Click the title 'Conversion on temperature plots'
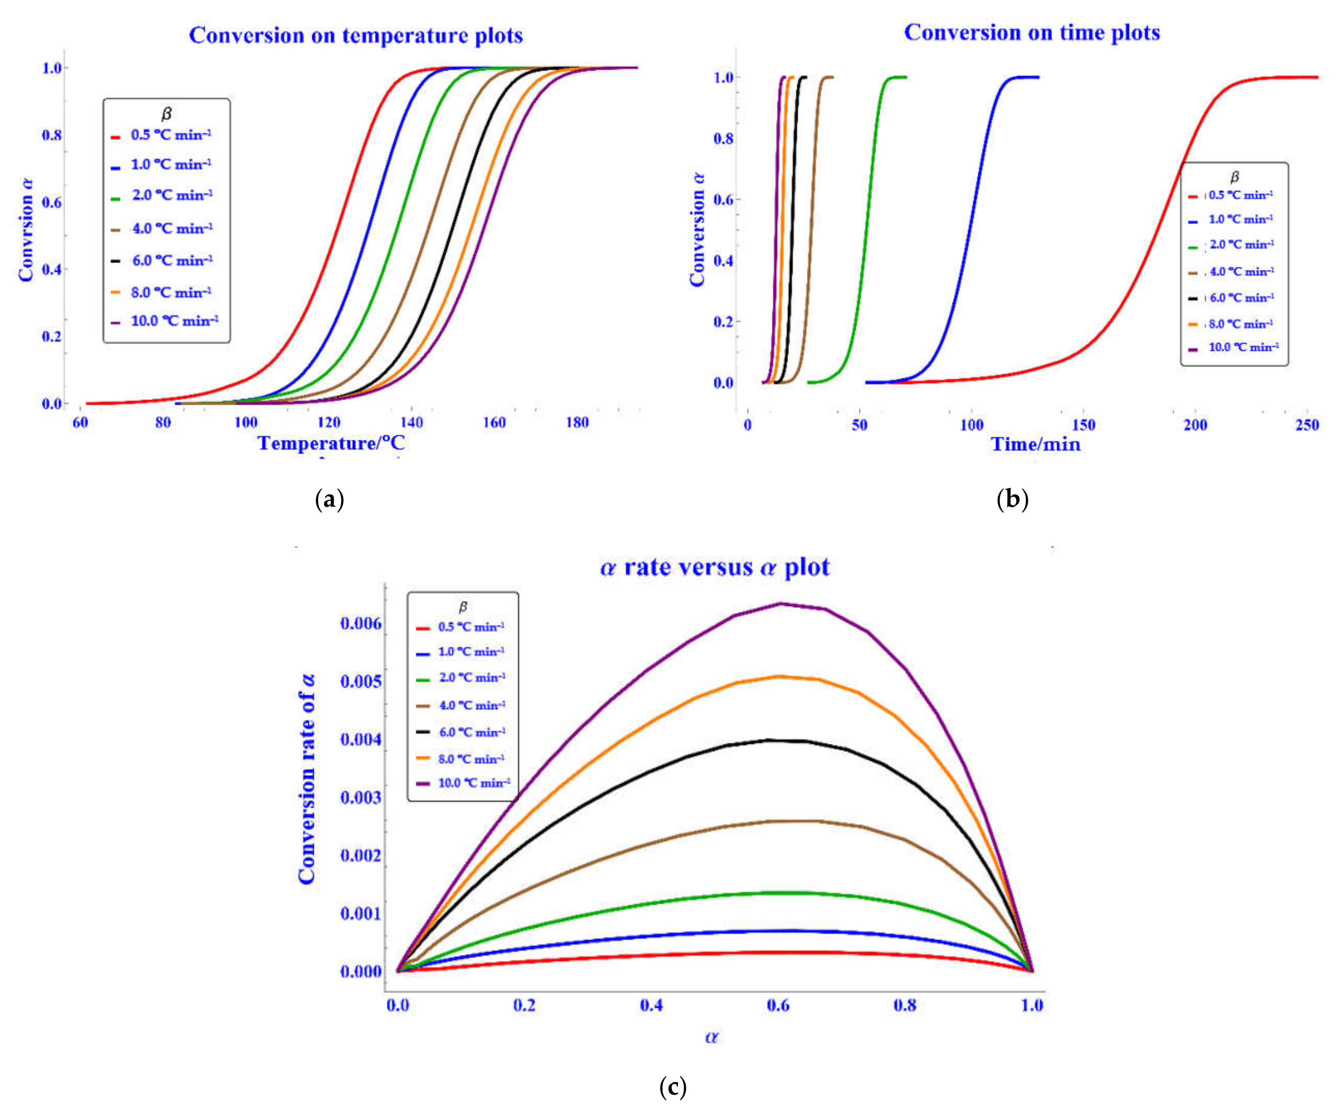click(356, 35)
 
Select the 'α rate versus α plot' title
click(714, 567)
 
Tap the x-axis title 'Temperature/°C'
click(331, 443)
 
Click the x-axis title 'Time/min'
click(1035, 444)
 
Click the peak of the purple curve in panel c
click(780, 603)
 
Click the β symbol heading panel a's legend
click(166, 114)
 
